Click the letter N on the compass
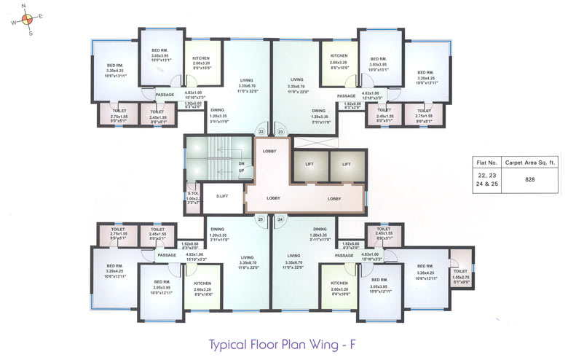[x=24, y=8]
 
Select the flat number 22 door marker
[x=261, y=132]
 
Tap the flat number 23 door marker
[x=280, y=132]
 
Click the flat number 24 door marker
[x=280, y=219]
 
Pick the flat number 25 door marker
[x=261, y=219]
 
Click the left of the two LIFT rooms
[x=309, y=165]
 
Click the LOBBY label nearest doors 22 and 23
[x=270, y=150]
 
